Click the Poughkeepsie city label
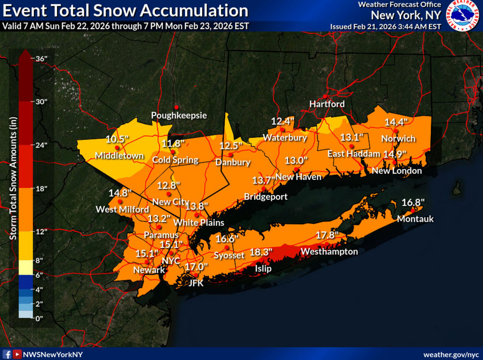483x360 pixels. point(179,116)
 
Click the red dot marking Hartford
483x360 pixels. point(324,97)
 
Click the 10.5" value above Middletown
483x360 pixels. point(117,139)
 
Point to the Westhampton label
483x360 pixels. point(329,252)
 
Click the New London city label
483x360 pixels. point(396,171)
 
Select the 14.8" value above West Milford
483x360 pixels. point(120,192)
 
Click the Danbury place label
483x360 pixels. point(233,163)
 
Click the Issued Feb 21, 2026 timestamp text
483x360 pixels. point(386,27)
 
